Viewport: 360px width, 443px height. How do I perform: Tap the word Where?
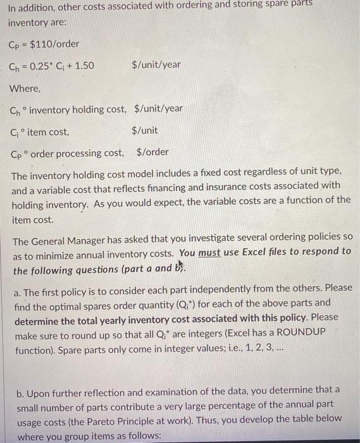point(25,89)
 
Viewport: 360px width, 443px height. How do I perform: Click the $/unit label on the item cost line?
point(145,131)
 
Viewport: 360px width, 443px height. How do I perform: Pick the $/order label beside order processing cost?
point(152,153)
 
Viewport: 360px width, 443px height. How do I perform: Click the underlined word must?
point(209,251)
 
